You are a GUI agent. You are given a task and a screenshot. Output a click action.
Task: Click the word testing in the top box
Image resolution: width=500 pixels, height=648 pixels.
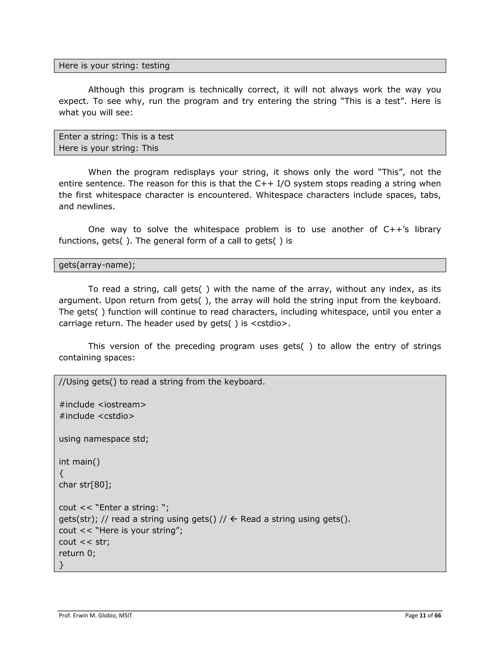156,66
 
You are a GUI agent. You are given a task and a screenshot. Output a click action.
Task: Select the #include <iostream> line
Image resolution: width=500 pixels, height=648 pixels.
103,405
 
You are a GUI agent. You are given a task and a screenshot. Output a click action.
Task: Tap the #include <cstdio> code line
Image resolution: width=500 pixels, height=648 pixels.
97,416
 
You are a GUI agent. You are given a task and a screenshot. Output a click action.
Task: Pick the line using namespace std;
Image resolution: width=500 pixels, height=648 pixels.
104,439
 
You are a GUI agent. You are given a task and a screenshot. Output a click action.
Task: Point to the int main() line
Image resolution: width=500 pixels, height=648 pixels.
79,462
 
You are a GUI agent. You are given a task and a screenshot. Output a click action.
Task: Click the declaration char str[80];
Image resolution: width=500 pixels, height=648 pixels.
85,485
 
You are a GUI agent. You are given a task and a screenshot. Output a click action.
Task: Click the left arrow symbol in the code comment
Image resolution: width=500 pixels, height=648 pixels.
234,519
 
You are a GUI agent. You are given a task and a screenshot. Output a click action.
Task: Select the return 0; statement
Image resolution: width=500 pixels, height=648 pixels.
77,553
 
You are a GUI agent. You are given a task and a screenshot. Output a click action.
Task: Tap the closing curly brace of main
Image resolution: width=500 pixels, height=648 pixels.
61,565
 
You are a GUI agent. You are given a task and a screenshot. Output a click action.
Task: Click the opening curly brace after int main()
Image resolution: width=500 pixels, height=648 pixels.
61,473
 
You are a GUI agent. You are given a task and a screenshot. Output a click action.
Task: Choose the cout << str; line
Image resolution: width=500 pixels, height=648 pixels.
84,542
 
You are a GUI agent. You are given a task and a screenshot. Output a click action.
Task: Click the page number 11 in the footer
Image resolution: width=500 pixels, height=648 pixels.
423,615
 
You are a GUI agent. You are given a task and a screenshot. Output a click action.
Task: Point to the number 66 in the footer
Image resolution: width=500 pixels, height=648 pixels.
438,615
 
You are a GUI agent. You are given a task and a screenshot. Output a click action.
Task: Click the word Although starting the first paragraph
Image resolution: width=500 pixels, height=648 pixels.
106,89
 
